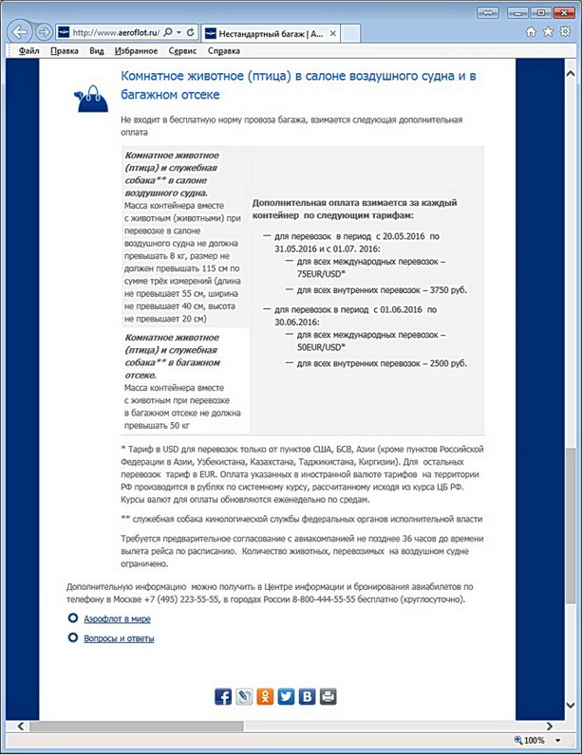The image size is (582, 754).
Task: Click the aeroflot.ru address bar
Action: click(x=104, y=31)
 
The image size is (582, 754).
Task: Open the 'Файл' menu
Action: click(x=28, y=50)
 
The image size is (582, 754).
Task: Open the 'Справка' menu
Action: click(x=224, y=50)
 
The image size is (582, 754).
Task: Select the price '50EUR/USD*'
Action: click(x=322, y=347)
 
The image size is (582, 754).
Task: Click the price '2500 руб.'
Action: click(x=441, y=364)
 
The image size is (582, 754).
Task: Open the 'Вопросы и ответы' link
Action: click(x=119, y=638)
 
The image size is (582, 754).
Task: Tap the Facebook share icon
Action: click(x=223, y=697)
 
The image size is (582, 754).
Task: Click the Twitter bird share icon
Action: click(x=287, y=697)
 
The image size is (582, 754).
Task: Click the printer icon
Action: click(x=329, y=697)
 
